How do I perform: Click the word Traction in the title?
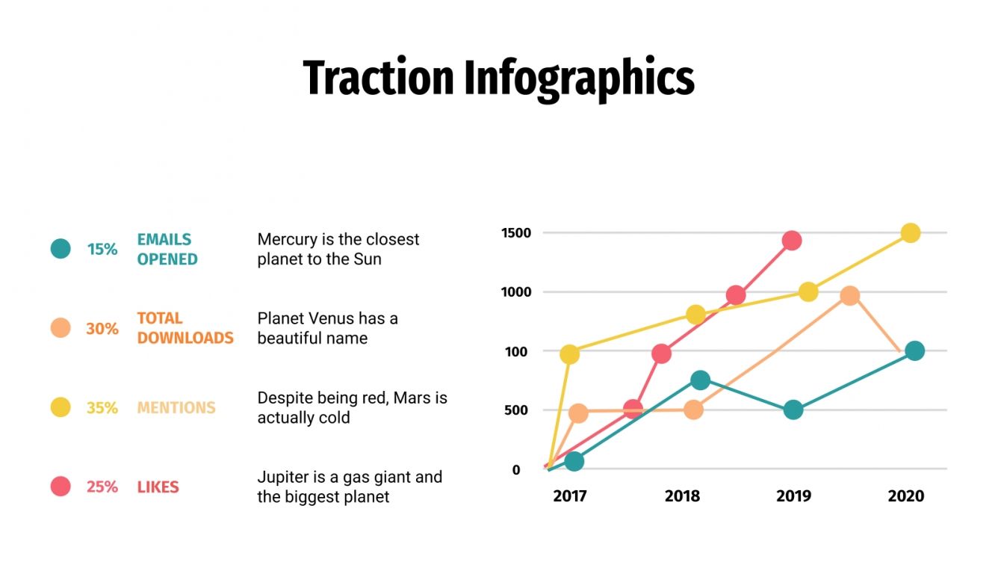tap(378, 78)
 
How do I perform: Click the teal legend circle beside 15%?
tap(61, 249)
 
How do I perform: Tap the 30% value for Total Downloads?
tap(102, 328)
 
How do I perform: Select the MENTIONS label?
tap(176, 407)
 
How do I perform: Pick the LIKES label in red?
tap(158, 487)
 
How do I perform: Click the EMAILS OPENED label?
tap(167, 249)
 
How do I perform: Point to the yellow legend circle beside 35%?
tap(61, 407)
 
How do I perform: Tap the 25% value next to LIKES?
tap(102, 487)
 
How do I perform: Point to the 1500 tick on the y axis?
tap(516, 233)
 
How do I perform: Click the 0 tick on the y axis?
tap(516, 469)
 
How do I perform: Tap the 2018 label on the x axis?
tap(682, 496)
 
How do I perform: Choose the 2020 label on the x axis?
tap(905, 496)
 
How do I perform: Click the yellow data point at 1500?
tap(910, 233)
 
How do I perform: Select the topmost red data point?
tap(792, 241)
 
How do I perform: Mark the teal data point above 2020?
tap(914, 351)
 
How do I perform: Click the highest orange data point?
tap(849, 296)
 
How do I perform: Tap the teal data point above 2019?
tap(793, 410)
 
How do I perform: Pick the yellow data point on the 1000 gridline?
tap(808, 292)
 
